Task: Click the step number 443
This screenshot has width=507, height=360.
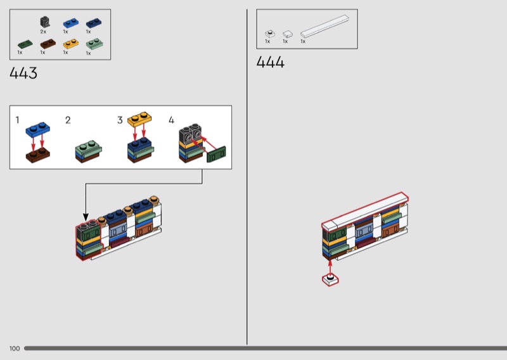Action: point(23,73)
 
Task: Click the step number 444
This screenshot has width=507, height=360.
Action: point(271,61)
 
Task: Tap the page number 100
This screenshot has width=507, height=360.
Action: point(15,349)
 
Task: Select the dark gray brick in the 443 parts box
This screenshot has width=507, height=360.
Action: point(45,22)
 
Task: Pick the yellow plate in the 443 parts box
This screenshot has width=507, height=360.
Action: point(71,44)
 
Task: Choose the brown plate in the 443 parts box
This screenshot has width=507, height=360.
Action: point(48,44)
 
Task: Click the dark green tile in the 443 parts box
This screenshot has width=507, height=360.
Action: point(25,44)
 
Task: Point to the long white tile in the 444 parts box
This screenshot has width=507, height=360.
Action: point(324,26)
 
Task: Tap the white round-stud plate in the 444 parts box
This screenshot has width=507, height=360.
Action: point(270,34)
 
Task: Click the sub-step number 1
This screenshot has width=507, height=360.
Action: point(18,120)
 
